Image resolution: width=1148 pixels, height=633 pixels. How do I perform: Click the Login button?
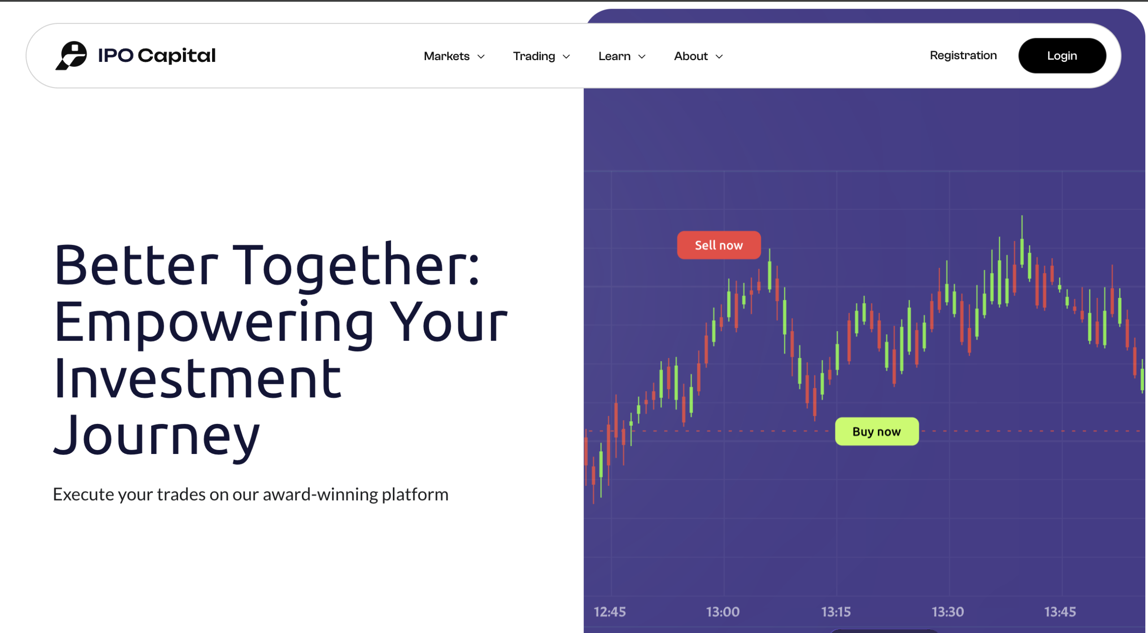click(x=1062, y=56)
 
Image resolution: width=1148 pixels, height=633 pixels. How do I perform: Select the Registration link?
click(x=963, y=55)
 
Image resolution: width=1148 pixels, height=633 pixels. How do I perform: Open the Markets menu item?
click(x=454, y=56)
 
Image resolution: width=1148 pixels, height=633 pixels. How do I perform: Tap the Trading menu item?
click(x=541, y=56)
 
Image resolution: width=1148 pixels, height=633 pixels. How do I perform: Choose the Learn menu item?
click(x=622, y=56)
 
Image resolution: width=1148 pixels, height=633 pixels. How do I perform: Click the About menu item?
click(x=698, y=56)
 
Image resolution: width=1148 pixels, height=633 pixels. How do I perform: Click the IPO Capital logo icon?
click(x=71, y=56)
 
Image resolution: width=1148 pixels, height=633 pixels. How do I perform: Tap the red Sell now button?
click(x=719, y=245)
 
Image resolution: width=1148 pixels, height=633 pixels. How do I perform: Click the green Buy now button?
click(x=877, y=432)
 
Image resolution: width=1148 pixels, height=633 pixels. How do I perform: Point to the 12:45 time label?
click(x=609, y=612)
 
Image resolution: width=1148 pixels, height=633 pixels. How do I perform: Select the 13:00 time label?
click(x=722, y=612)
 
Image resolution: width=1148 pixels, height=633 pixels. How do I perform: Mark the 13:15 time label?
click(x=836, y=612)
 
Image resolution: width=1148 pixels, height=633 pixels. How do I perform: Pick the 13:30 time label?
click(x=948, y=612)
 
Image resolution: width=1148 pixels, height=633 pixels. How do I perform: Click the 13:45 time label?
click(x=1060, y=612)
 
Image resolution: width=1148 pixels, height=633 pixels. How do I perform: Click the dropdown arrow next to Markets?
click(x=481, y=57)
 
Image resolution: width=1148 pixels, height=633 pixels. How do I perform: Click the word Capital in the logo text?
click(x=177, y=56)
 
